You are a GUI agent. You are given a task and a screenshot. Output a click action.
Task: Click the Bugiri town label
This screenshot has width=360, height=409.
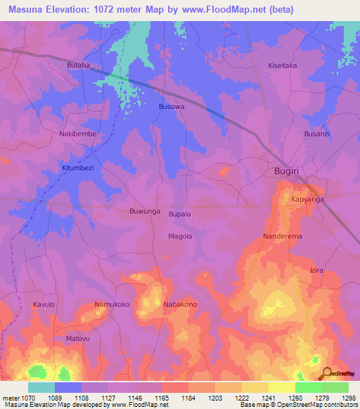coord(288,171)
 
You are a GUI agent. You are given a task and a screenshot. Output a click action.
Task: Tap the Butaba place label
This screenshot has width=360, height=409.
coord(79,65)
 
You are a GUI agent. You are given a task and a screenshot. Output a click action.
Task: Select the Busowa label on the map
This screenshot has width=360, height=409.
coord(172,107)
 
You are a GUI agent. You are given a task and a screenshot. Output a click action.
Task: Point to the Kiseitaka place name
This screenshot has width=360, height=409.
coord(284,65)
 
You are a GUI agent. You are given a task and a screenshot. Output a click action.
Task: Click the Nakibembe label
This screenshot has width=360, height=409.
coord(77,134)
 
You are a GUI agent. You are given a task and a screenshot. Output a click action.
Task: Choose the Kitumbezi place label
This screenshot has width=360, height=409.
coord(77,169)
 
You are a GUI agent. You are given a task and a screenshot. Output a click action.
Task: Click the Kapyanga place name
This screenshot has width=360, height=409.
coord(307,200)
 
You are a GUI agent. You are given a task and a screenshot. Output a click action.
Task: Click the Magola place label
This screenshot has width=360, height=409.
coord(180,236)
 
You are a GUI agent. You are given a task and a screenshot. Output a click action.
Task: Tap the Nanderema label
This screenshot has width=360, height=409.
coord(283,236)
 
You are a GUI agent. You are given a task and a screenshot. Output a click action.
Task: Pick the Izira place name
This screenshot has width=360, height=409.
coord(316,270)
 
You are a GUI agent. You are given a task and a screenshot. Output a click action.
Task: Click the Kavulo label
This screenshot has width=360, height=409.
coord(44,304)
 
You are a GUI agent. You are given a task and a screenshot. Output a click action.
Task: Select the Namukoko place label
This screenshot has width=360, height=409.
coord(112,304)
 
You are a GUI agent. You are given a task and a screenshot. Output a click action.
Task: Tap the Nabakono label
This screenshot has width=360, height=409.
coord(180,304)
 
